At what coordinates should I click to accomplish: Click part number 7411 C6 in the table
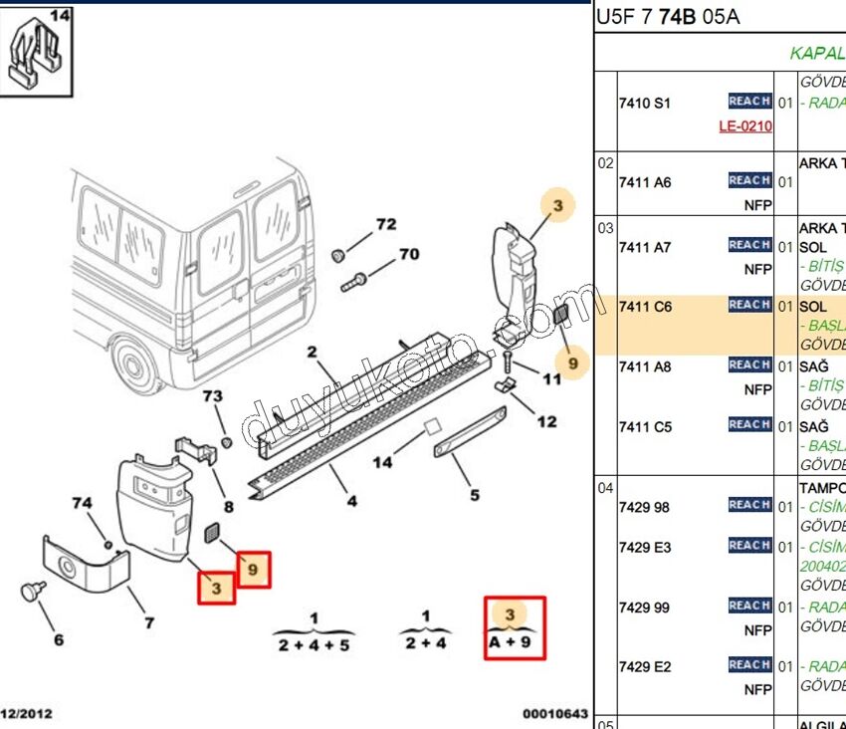pyautogui.click(x=645, y=307)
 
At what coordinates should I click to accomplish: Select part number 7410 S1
pyautogui.click(x=645, y=103)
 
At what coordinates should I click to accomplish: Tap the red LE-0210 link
pyautogui.click(x=745, y=126)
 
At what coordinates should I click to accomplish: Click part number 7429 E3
pyautogui.click(x=645, y=547)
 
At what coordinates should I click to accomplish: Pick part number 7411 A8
pyautogui.click(x=645, y=366)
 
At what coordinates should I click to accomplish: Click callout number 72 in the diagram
pyautogui.click(x=385, y=225)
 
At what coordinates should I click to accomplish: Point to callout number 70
pyautogui.click(x=409, y=254)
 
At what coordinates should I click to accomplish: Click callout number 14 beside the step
pyautogui.click(x=382, y=462)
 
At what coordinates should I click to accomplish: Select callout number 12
pyautogui.click(x=546, y=421)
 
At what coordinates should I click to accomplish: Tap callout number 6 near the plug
pyautogui.click(x=59, y=639)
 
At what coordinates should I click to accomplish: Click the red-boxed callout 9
pyautogui.click(x=253, y=570)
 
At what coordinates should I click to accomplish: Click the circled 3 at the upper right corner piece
pyautogui.click(x=557, y=206)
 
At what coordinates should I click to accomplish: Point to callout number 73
pyautogui.click(x=213, y=396)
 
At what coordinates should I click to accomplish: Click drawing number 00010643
pyautogui.click(x=555, y=714)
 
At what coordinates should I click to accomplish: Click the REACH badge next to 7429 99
pyautogui.click(x=749, y=606)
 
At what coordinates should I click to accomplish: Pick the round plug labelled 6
pyautogui.click(x=34, y=593)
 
